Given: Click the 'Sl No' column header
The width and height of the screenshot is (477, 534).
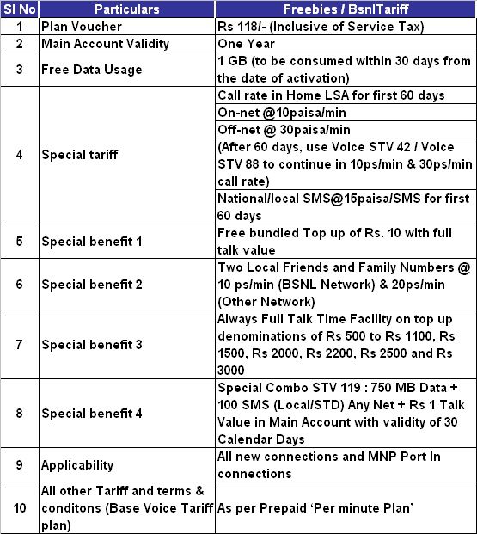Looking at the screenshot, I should [x=20, y=10].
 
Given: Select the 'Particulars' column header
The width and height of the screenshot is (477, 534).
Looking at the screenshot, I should [x=127, y=10].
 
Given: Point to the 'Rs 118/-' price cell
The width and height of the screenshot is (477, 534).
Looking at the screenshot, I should [x=322, y=27].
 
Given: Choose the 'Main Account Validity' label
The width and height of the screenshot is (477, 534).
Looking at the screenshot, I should [x=105, y=44].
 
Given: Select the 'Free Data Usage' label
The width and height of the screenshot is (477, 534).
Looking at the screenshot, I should [x=91, y=70].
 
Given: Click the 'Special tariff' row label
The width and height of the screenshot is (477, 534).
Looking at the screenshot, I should [x=80, y=156].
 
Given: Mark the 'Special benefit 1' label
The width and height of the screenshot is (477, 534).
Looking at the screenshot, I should [x=92, y=241].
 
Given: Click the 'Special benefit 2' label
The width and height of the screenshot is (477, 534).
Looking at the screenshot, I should [x=92, y=284].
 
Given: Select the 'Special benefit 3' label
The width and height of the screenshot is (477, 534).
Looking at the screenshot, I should [x=92, y=345].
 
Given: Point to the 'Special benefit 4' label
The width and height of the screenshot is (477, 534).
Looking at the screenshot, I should [x=92, y=413].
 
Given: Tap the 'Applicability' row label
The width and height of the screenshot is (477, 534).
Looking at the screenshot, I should [x=77, y=464].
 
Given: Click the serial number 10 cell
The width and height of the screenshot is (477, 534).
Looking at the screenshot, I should [x=20, y=507].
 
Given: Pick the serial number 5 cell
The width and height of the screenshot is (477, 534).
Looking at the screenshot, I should [x=20, y=241].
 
